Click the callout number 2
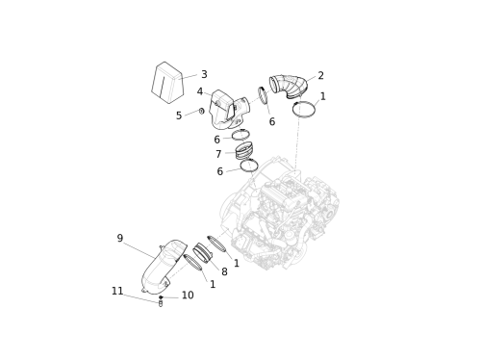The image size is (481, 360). click(x=320, y=75)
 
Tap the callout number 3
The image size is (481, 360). click(x=204, y=74)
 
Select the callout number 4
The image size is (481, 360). click(x=200, y=91)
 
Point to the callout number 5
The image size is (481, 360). click(x=179, y=116)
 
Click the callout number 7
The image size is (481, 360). click(x=218, y=154)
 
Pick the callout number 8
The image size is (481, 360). click(x=224, y=271)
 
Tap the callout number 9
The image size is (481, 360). click(x=120, y=238)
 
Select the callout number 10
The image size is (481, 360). click(x=188, y=296)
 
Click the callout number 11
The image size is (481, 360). click(x=117, y=291)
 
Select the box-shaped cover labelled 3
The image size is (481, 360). click(x=167, y=83)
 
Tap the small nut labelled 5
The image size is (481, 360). click(x=201, y=111)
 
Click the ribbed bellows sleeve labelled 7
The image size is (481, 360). click(x=243, y=151)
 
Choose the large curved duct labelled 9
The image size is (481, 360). click(x=165, y=267)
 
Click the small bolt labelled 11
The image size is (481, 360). click(x=161, y=303)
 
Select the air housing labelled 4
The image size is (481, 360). click(x=228, y=110)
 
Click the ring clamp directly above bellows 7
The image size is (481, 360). click(x=240, y=135)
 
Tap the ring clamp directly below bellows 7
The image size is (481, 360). click(x=249, y=166)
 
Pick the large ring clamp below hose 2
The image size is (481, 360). click(x=304, y=109)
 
